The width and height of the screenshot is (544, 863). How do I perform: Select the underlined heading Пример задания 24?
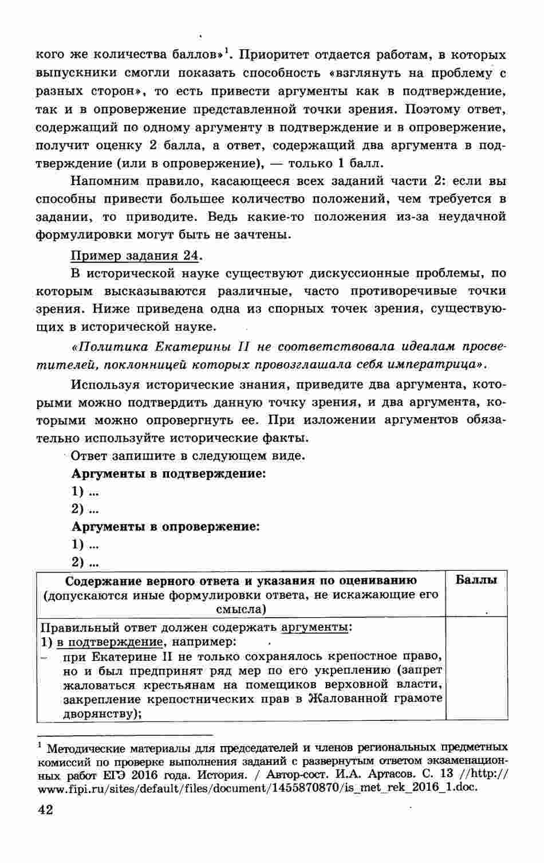tap(136, 255)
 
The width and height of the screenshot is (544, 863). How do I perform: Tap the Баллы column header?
tap(476, 579)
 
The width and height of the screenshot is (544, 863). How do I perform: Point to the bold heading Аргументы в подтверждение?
tap(169, 473)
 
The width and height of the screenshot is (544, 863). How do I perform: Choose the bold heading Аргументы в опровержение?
tap(165, 526)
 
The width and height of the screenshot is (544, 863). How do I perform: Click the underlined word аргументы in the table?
tap(315, 626)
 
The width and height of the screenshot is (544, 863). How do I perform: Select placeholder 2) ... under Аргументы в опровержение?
tap(85, 562)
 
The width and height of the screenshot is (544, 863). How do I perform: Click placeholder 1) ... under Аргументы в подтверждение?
tap(85, 491)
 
